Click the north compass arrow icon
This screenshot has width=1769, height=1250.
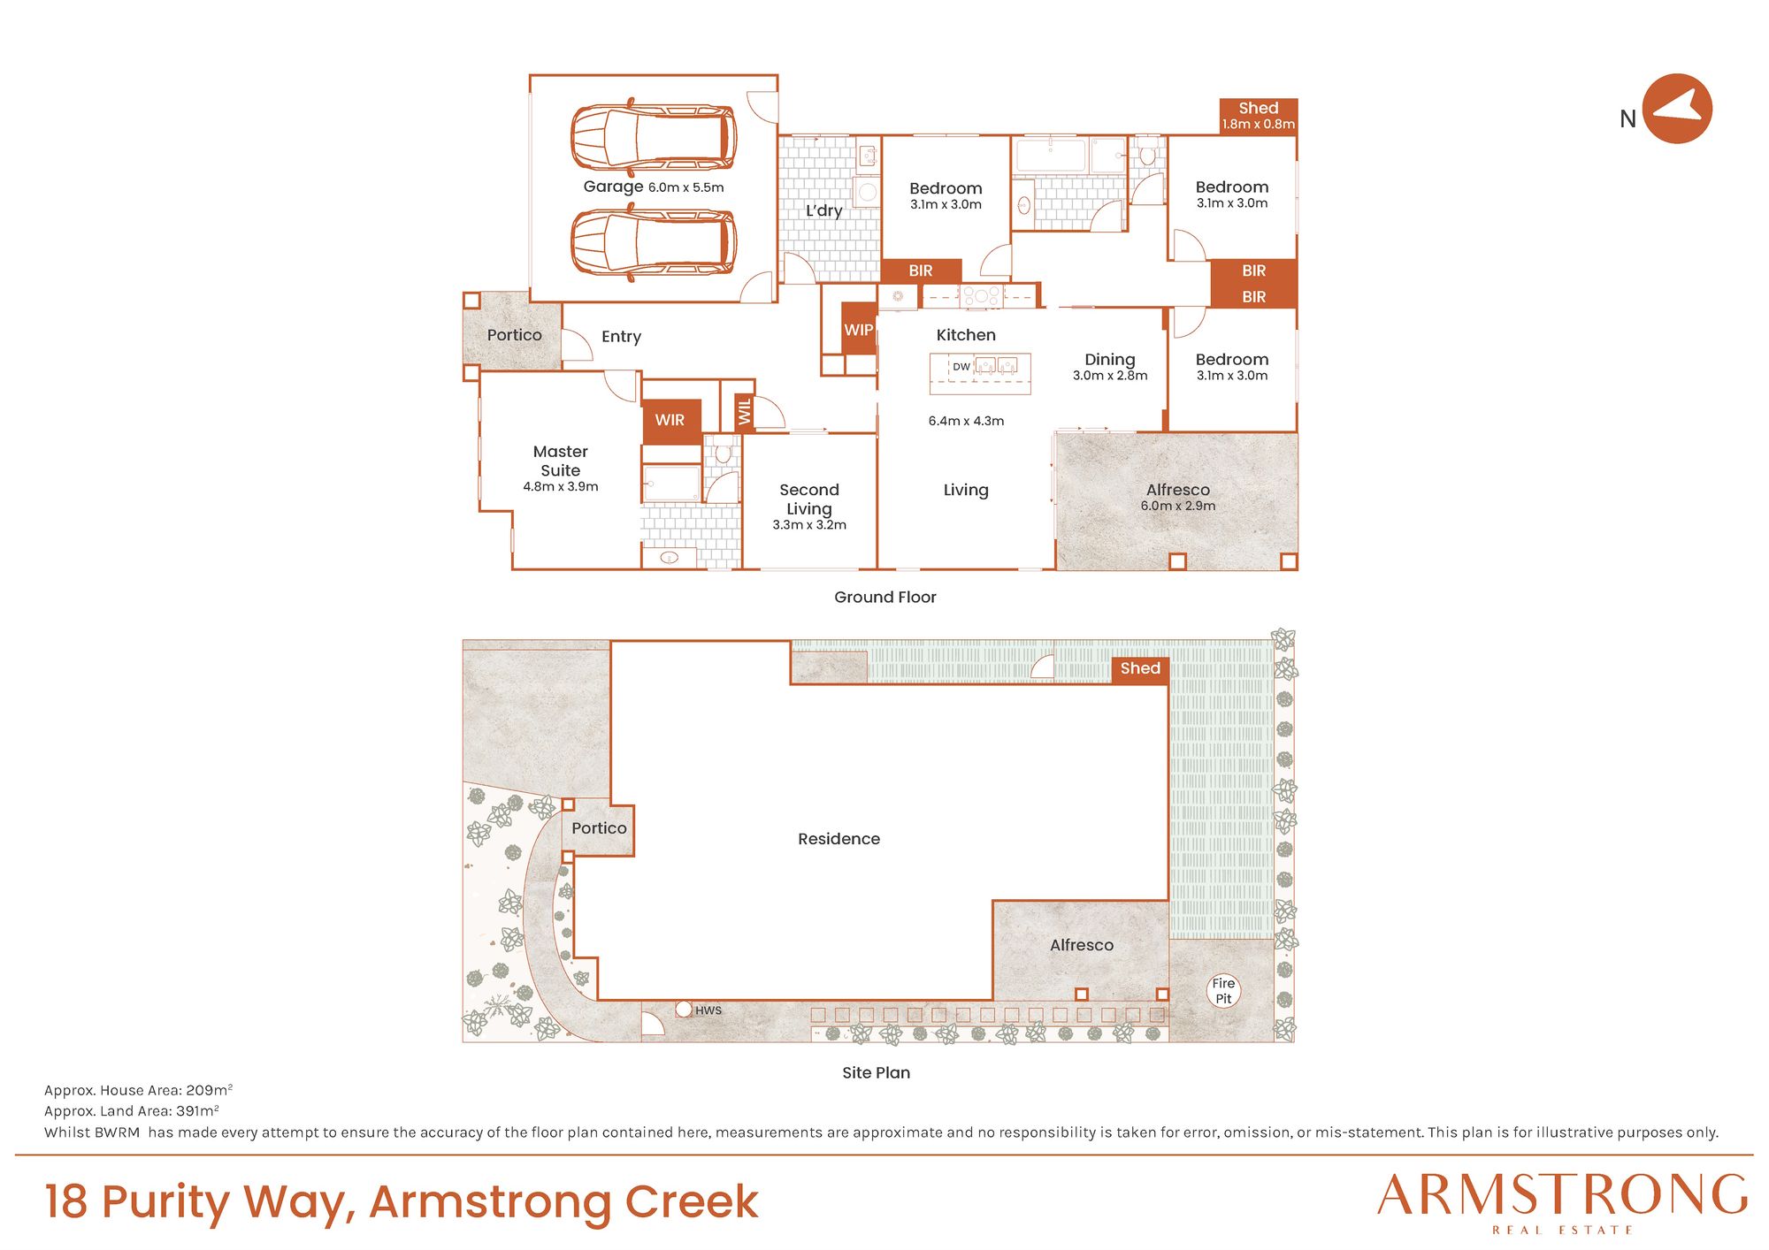click(1677, 109)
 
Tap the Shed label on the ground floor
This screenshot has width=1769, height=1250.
click(1258, 108)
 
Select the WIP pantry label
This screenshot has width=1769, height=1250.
click(858, 330)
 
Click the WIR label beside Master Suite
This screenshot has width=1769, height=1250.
click(670, 420)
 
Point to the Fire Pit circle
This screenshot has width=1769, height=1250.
click(1223, 991)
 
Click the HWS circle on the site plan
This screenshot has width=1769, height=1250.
click(684, 1009)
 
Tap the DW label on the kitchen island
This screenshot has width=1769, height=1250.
click(961, 366)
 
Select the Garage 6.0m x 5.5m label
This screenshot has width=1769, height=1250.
click(654, 187)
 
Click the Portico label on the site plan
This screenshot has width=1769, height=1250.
click(599, 828)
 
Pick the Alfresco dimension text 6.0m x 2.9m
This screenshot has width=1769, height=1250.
click(1178, 506)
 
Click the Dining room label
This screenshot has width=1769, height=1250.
click(1110, 360)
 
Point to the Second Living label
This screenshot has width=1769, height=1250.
click(809, 499)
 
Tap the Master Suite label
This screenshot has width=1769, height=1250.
click(561, 461)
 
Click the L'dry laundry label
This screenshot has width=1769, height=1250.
click(823, 210)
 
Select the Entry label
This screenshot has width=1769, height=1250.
click(621, 337)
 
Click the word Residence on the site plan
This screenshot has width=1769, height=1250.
click(839, 839)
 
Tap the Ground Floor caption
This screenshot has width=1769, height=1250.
click(884, 597)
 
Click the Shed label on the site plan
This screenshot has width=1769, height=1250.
click(1140, 668)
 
